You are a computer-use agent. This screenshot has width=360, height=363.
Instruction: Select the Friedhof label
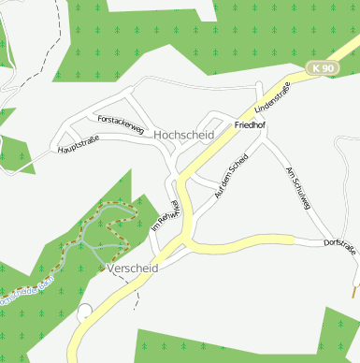point(252,124)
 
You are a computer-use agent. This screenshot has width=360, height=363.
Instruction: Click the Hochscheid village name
point(183,135)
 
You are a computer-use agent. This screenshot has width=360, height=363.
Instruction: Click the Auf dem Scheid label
point(230,174)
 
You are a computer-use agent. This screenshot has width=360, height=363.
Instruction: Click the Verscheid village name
point(133,269)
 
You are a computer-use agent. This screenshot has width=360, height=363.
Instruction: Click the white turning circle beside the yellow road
point(85,311)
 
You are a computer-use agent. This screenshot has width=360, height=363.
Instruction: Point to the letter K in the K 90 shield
point(318,68)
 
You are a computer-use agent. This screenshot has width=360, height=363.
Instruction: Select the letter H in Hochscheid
point(157,135)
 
